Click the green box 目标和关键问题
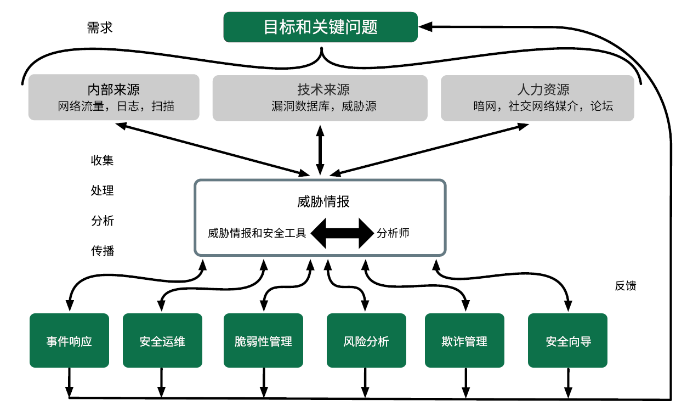(320, 27)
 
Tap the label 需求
(99, 27)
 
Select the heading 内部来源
(113, 89)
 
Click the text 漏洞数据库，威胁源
(320, 106)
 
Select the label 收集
(103, 161)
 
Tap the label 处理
(103, 191)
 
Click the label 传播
(103, 251)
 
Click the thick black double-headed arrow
(342, 233)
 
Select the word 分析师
(393, 233)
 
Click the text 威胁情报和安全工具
(257, 233)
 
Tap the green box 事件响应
(69, 341)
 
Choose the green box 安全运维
(162, 341)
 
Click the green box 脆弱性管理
(263, 341)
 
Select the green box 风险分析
(366, 341)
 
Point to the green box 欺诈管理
(464, 341)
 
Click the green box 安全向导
(567, 341)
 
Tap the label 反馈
(625, 286)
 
